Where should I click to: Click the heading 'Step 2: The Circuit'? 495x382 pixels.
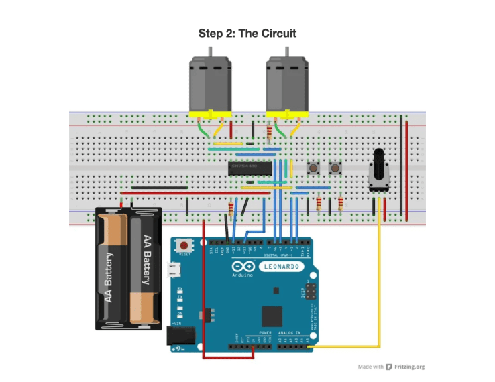tap(247, 33)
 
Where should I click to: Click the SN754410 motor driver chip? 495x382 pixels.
tap(249, 167)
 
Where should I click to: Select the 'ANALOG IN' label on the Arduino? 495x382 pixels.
tap(290, 332)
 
